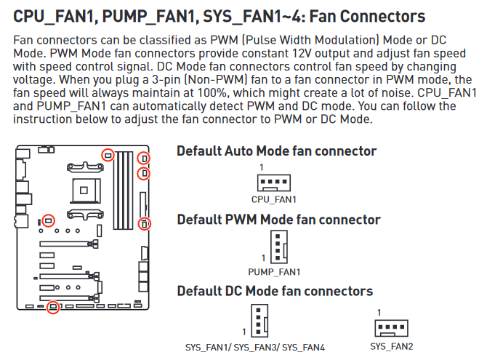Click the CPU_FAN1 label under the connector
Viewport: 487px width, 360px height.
click(274, 199)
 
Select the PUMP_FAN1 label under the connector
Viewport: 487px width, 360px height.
click(274, 272)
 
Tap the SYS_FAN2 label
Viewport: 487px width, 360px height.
click(391, 346)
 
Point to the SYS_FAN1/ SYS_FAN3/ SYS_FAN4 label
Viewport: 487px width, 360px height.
click(255, 347)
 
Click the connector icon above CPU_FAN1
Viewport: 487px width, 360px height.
click(273, 183)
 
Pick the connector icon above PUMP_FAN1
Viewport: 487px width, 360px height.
click(279, 247)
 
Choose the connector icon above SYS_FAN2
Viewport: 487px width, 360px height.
click(391, 328)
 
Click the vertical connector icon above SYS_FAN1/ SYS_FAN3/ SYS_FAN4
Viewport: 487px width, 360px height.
click(259, 321)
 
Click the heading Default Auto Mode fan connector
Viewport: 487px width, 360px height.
click(276, 151)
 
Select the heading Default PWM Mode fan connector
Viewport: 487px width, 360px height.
click(278, 220)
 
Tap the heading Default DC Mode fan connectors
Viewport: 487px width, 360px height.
click(275, 292)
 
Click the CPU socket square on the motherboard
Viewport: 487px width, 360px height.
click(84, 190)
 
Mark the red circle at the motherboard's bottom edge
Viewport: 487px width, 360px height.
click(53, 307)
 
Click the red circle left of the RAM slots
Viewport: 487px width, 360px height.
click(108, 154)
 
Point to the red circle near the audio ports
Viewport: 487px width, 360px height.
click(48, 220)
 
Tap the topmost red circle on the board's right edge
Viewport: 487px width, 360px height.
click(144, 159)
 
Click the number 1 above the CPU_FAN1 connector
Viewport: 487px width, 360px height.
click(262, 167)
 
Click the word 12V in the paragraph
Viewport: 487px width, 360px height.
click(302, 54)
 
